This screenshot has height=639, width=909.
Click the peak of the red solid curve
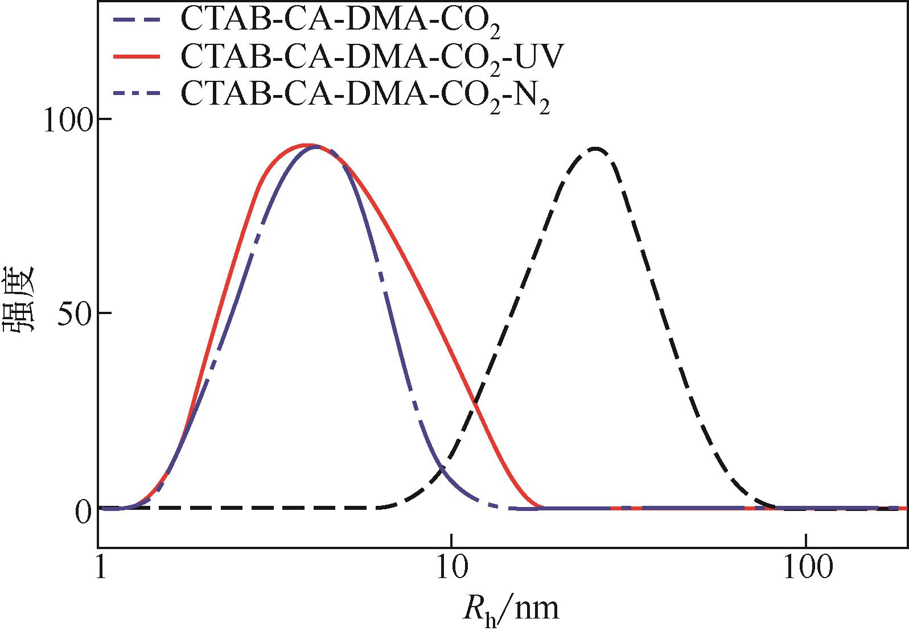click(307, 145)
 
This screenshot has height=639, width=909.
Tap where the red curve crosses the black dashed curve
click(474, 402)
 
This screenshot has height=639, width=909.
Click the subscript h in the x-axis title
click(490, 619)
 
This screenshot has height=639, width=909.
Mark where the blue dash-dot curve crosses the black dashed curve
click(442, 468)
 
